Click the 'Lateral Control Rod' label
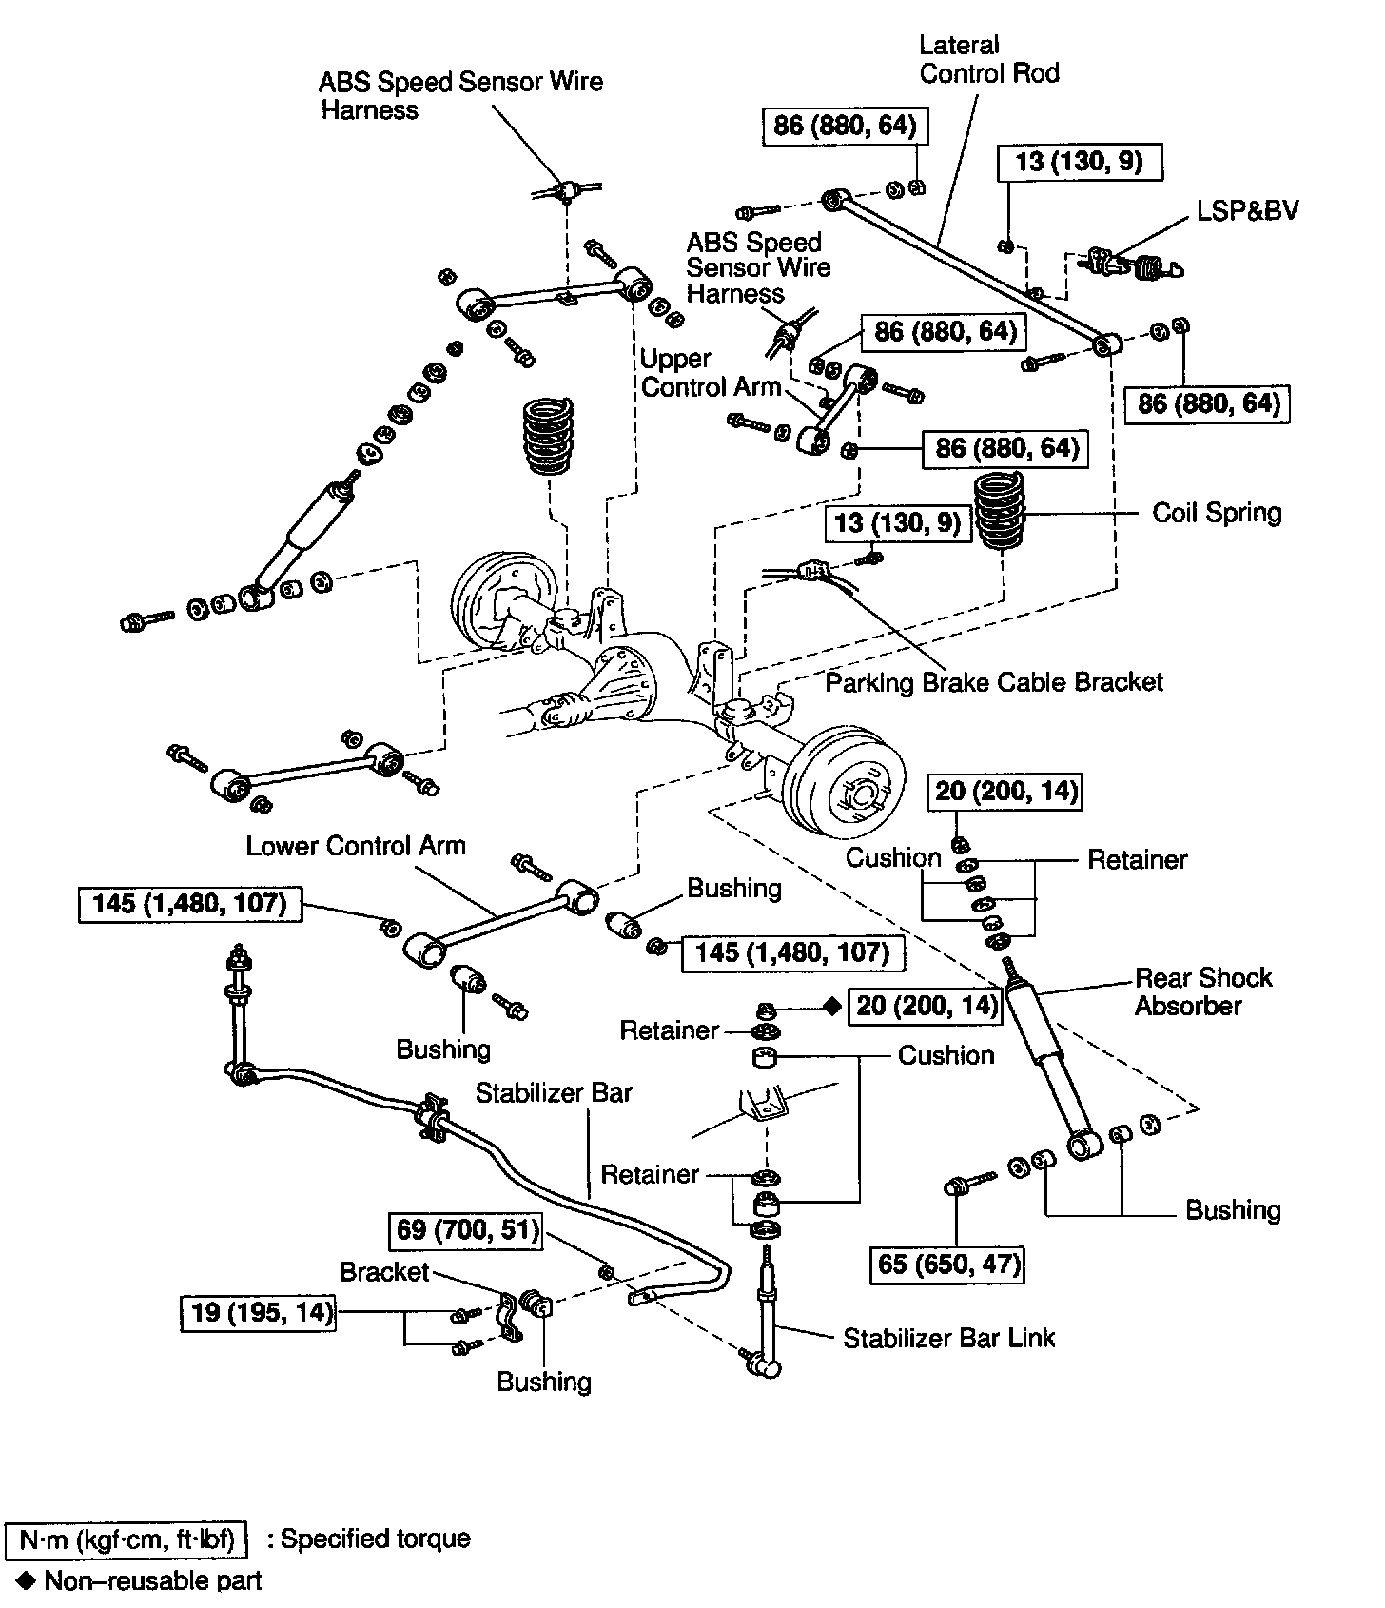[x=988, y=59]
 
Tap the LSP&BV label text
[x=1247, y=210]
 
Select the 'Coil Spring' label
[x=1217, y=513]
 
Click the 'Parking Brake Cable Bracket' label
[x=994, y=682]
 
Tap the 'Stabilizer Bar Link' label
[x=948, y=1338]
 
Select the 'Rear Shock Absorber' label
[x=1202, y=991]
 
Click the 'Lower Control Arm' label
[x=356, y=846]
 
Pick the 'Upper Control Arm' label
[x=710, y=373]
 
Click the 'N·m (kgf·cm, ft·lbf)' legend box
[x=127, y=1539]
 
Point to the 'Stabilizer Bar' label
[x=554, y=1092]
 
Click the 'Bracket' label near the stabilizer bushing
[x=384, y=1272]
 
